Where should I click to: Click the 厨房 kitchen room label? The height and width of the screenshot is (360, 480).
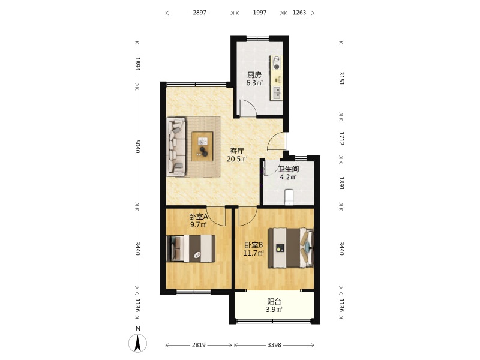[x=254, y=74]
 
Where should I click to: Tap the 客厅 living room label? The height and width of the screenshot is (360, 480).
[x=237, y=151]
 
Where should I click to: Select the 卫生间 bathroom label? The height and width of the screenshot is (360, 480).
[x=289, y=169]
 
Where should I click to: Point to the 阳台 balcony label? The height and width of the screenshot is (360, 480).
[x=274, y=302]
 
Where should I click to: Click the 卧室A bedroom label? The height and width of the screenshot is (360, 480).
[x=199, y=217]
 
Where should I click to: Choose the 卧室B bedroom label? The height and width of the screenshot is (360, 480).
[x=254, y=245]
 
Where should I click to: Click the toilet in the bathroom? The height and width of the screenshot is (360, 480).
[x=289, y=197]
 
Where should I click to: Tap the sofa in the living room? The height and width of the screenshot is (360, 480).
[x=176, y=147]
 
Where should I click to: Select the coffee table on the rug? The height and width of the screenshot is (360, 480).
[x=202, y=146]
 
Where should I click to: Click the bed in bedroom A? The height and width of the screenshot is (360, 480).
[x=191, y=248]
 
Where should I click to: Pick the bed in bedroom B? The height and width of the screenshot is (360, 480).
[x=291, y=248]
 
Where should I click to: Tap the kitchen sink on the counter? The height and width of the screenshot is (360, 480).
[x=277, y=93]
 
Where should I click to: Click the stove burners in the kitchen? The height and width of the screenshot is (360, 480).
[x=277, y=63]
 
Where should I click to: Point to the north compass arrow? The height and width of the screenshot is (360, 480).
[x=138, y=343]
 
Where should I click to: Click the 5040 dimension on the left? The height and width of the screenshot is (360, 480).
[x=137, y=146]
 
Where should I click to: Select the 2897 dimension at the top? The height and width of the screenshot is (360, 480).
[x=200, y=13]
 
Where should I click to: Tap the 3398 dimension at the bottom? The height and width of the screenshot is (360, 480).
[x=274, y=345]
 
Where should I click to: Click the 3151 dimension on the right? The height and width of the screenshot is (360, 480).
[x=341, y=79]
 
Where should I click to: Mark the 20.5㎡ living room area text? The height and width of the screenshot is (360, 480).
[x=237, y=159]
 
